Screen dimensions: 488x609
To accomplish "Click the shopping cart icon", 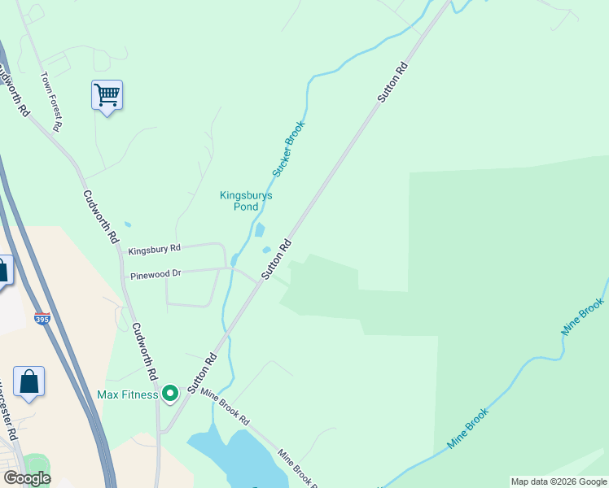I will point(107,96).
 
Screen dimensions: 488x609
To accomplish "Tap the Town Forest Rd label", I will point(51,102).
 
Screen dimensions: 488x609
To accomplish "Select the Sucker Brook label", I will point(288,149).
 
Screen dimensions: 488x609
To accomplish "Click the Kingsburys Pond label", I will point(246,201).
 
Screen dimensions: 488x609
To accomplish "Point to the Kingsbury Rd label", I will point(154,247).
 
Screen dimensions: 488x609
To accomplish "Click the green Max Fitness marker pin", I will point(170,394).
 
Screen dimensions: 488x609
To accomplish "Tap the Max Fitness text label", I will point(127,395).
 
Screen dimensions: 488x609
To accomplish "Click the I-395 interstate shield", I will point(43,319).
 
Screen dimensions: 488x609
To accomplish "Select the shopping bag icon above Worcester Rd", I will point(29,382).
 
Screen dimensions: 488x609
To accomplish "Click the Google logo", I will point(27,478).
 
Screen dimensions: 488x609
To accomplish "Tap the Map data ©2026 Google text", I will point(559,481).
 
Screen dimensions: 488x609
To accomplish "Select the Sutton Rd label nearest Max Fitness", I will point(203,373).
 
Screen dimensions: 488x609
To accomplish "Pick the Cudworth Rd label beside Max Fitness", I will point(142,351).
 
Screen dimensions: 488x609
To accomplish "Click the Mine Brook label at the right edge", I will point(582,318).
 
